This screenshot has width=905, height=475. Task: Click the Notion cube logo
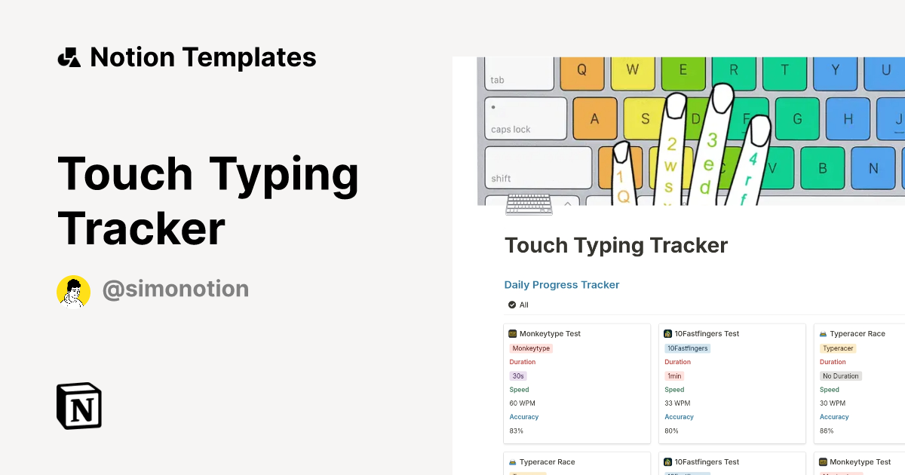79,406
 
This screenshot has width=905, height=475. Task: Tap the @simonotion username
175,290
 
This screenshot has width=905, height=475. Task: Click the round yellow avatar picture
73,291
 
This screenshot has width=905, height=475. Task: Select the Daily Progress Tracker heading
562,285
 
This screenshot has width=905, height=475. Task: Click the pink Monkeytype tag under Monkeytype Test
531,348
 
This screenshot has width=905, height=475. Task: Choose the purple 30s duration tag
517,376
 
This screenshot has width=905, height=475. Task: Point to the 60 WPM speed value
522,403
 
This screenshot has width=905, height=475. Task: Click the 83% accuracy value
516,431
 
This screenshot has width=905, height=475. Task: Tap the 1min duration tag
674,376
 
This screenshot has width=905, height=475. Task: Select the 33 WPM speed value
677,403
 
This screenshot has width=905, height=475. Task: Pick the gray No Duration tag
841,376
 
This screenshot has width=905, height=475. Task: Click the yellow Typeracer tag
837,348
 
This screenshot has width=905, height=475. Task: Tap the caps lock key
526,119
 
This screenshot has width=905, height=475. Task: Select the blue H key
848,119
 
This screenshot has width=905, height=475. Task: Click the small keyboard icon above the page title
529,204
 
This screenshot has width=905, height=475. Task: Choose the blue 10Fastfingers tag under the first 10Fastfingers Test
687,348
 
